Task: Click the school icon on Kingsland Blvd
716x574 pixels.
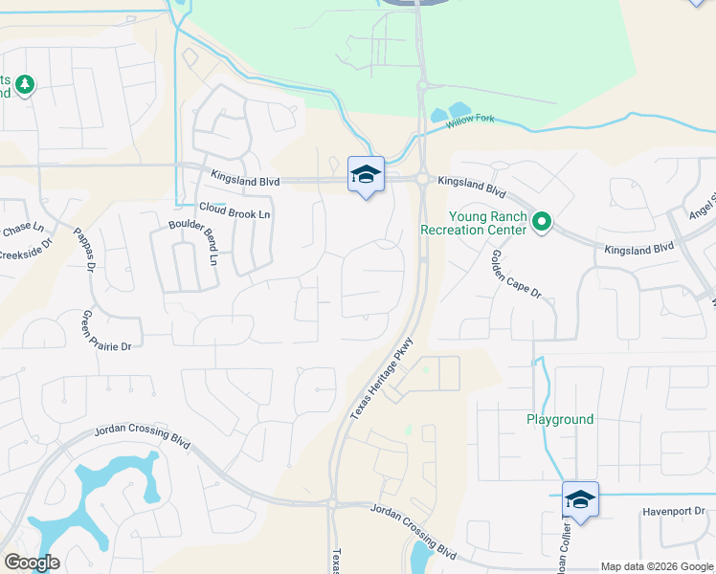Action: (x=365, y=174)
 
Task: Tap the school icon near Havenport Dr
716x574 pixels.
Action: (x=580, y=499)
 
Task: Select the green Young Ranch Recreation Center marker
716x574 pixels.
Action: (x=542, y=223)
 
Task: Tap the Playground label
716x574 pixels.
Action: (x=560, y=419)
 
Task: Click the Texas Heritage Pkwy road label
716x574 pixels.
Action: (x=382, y=378)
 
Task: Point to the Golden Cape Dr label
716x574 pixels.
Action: (x=516, y=274)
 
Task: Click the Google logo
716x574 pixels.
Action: (x=31, y=563)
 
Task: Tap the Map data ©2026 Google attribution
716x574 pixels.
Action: (x=657, y=566)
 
